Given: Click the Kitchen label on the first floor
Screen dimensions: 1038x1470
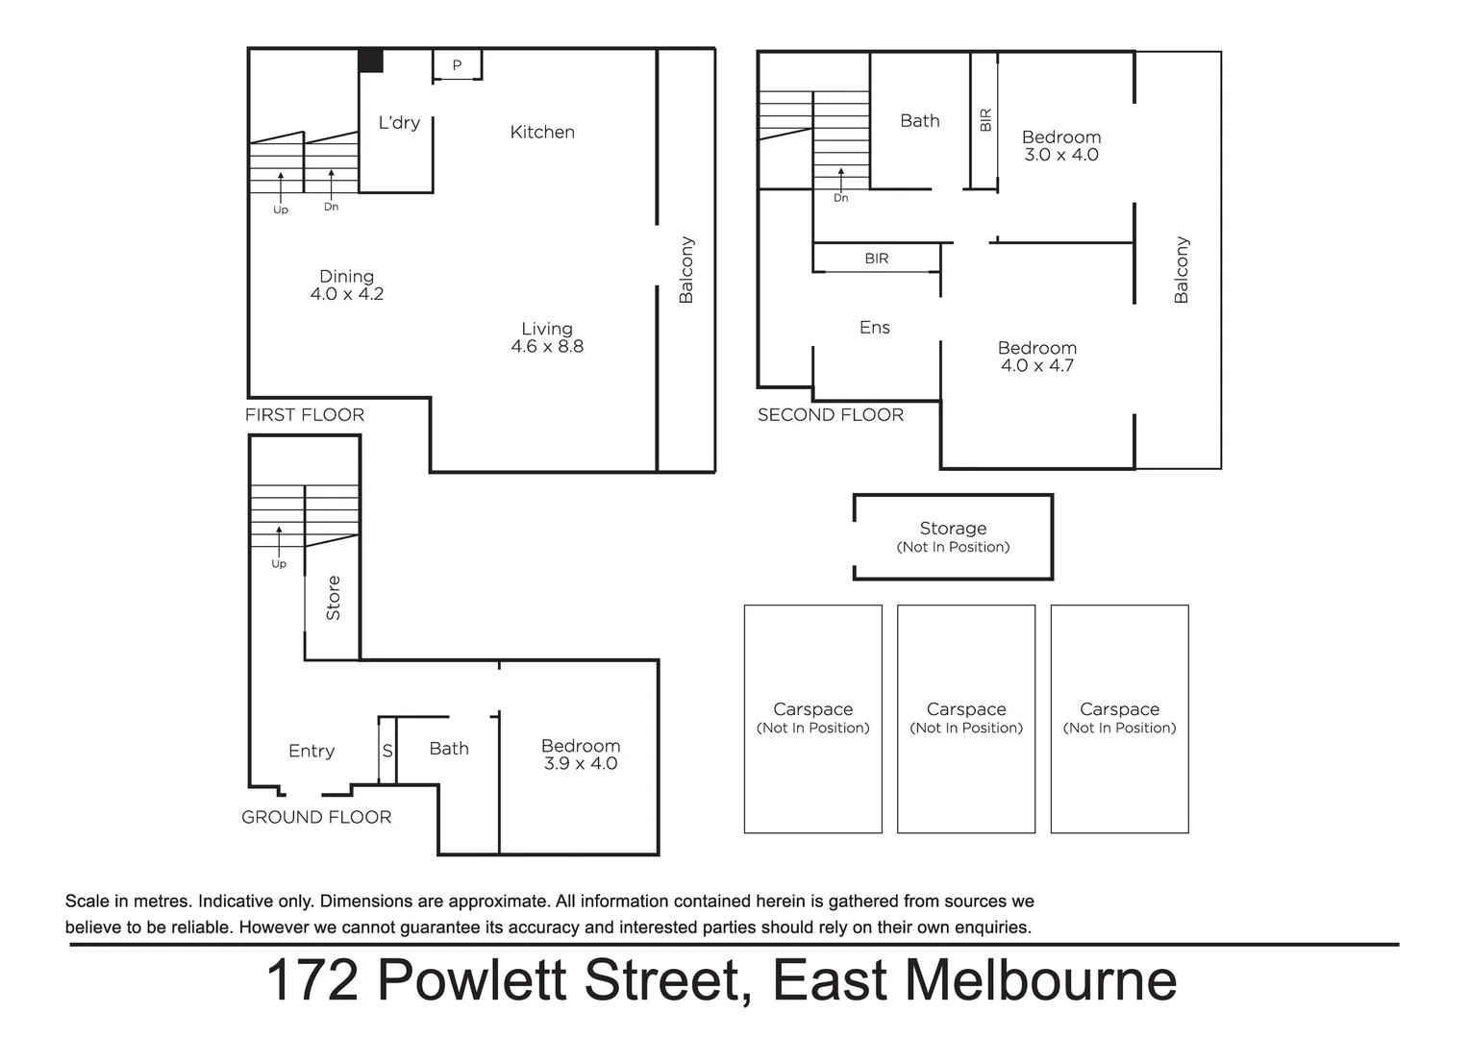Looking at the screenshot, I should pyautogui.click(x=542, y=133).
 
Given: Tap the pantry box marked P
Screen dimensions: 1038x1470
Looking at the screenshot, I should pyautogui.click(x=457, y=65).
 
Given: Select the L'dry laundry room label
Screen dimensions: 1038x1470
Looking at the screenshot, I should pyautogui.click(x=398, y=123).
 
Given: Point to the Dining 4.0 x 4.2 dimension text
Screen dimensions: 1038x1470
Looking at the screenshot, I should pyautogui.click(x=346, y=294).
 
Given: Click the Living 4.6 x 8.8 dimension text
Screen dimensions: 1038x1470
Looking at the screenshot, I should pyautogui.click(x=547, y=346).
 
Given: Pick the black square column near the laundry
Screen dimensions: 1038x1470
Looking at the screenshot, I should pyautogui.click(x=371, y=61).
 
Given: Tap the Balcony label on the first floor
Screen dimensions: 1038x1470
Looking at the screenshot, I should pyautogui.click(x=685, y=270).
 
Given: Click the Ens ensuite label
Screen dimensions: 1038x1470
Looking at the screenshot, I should pyautogui.click(x=874, y=328).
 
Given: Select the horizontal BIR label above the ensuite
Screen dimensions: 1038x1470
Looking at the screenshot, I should pyautogui.click(x=876, y=259).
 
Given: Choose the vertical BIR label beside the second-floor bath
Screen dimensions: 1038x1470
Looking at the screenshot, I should pyautogui.click(x=984, y=120).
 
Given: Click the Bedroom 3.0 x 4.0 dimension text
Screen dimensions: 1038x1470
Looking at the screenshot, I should pyautogui.click(x=1060, y=155).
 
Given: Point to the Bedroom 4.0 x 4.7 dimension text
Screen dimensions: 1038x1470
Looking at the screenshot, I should pyautogui.click(x=1036, y=365).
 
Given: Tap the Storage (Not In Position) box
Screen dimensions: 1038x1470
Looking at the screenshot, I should pyautogui.click(x=953, y=537).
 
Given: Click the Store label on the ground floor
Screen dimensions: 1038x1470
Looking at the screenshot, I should pyautogui.click(x=334, y=598).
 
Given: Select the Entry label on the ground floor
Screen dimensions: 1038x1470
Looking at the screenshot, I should pyautogui.click(x=311, y=752).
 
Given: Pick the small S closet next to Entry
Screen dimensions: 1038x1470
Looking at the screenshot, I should pyautogui.click(x=387, y=751).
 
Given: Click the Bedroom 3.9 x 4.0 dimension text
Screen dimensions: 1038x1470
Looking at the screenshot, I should pyautogui.click(x=580, y=763).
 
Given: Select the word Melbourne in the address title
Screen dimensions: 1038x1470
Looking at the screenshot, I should pyautogui.click(x=1040, y=980).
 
